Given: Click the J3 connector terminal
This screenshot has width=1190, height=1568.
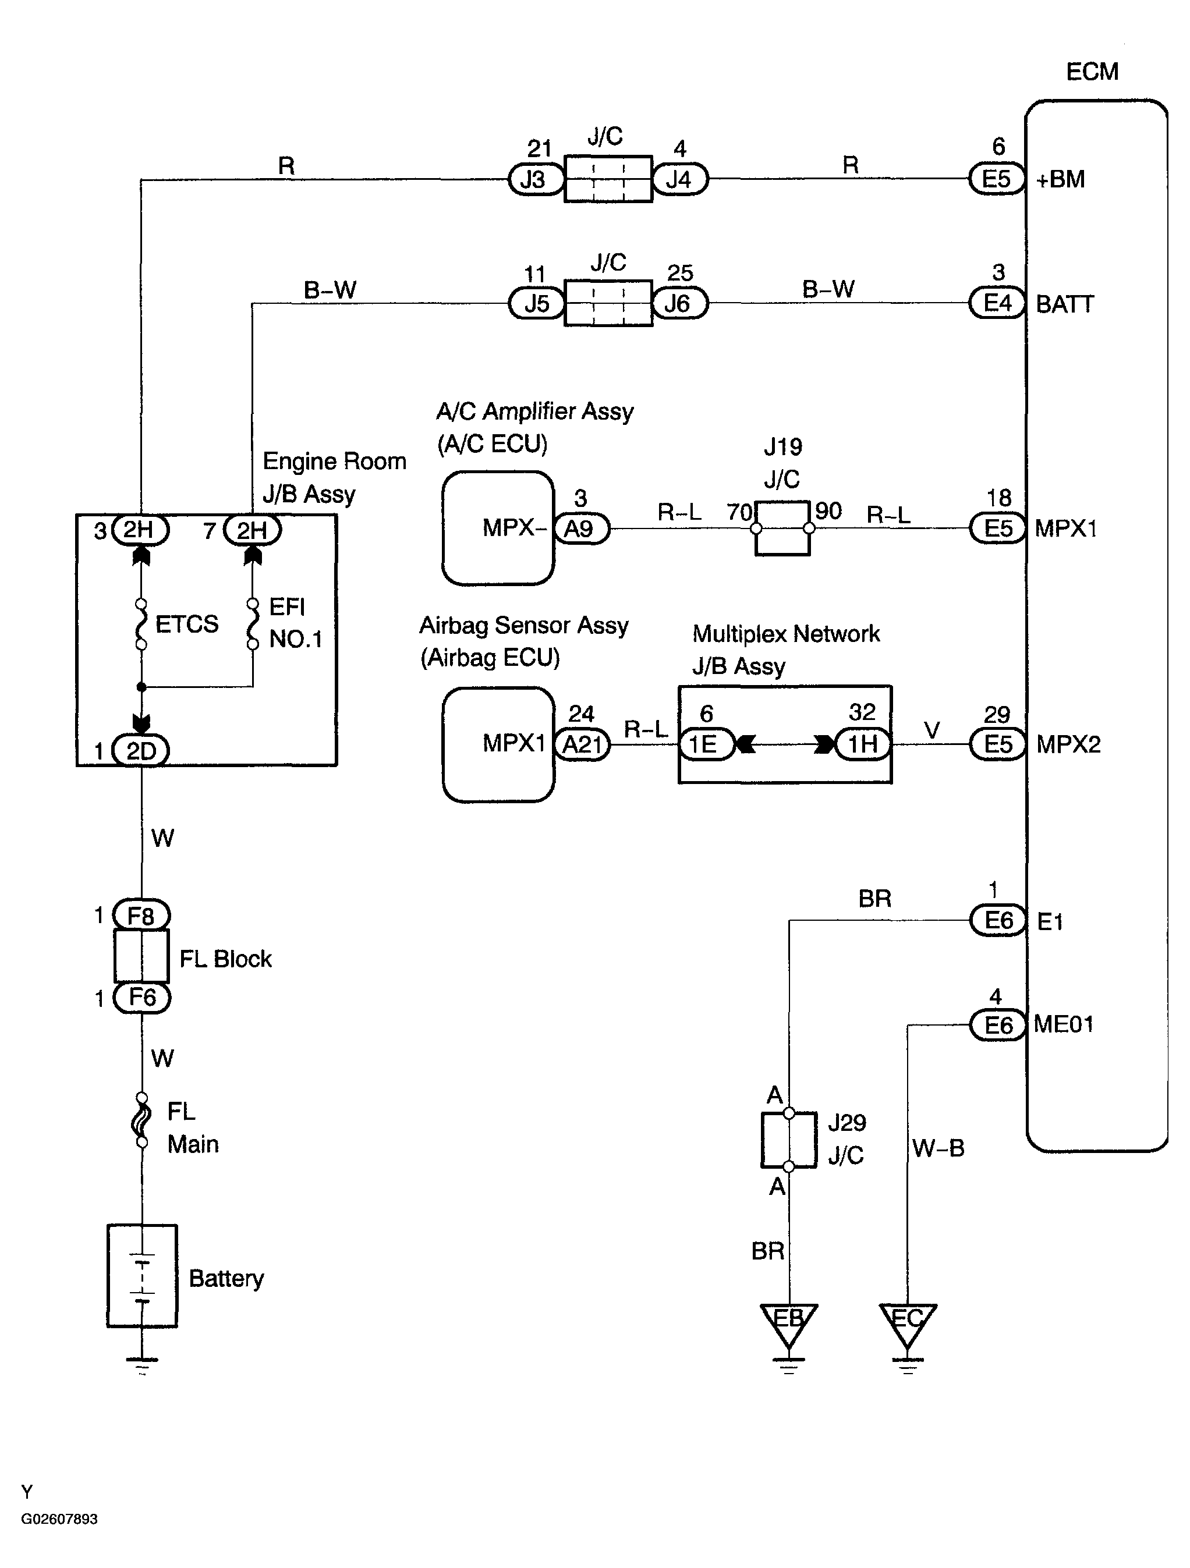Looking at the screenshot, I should [x=536, y=179].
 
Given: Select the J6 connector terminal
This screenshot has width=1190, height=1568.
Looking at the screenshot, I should [x=679, y=303].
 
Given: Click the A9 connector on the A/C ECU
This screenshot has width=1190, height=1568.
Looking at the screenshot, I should [x=582, y=528].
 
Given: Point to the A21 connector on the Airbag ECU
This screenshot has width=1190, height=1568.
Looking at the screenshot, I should [x=582, y=744].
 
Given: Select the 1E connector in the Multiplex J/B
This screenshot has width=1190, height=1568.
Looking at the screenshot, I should [x=706, y=744].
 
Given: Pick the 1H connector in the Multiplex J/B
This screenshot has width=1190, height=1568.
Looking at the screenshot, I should [x=862, y=744].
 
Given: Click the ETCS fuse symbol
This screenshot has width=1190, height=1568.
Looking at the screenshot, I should [x=141, y=624].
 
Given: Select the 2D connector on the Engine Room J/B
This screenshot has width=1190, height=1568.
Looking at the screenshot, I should [x=140, y=751].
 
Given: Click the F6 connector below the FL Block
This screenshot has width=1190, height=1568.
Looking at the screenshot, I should [x=141, y=998].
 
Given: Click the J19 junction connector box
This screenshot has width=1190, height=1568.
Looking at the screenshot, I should [x=782, y=528].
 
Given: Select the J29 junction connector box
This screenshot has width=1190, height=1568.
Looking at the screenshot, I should [x=789, y=1139].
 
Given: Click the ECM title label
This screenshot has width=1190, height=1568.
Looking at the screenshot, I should [x=1092, y=72].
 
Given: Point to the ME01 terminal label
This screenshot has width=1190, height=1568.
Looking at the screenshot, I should [x=1064, y=1024].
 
